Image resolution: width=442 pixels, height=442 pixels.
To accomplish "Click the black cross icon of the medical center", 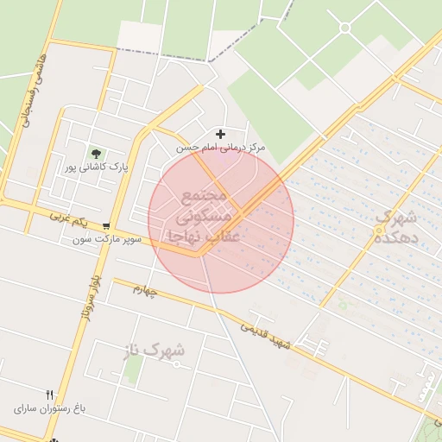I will point(221,134).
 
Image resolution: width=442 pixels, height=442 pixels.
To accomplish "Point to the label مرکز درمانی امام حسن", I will point(221,148).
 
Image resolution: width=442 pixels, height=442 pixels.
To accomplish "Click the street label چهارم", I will point(144,291).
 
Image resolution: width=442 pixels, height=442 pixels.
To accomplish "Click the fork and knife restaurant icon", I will point(49,394).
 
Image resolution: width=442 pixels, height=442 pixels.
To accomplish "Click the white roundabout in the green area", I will point(344,28).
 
